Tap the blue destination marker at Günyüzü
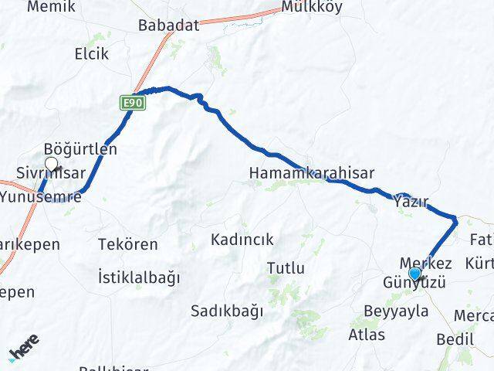pyautogui.click(x=415, y=274)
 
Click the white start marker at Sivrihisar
pyautogui.click(x=52, y=163)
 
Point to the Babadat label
pyautogui.click(x=168, y=26)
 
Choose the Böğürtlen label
pyautogui.click(x=81, y=149)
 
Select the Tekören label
pyautogui.click(x=128, y=244)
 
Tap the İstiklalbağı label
pyautogui.click(x=139, y=277)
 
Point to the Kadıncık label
pyautogui.click(x=242, y=240)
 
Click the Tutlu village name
pyautogui.click(x=286, y=268)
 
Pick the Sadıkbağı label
pyautogui.click(x=227, y=311)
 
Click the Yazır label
pyautogui.click(x=411, y=201)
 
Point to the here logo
pyautogui.click(x=25, y=348)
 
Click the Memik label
pyautogui.click(x=51, y=7)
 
